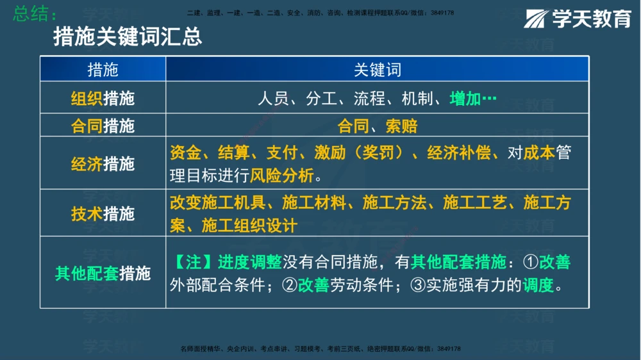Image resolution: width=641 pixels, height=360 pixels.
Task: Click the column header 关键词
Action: coord(378,69)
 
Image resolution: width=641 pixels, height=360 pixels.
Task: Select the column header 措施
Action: coord(103,69)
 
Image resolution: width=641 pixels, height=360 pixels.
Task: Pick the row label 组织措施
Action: coord(103,99)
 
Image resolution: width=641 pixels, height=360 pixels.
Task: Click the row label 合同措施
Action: coord(103,126)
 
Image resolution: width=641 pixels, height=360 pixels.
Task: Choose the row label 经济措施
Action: coord(103,163)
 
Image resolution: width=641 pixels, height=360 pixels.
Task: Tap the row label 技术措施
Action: coord(103,213)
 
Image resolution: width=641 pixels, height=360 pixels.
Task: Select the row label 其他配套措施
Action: coord(103,273)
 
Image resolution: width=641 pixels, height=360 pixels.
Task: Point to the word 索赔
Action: coord(402,126)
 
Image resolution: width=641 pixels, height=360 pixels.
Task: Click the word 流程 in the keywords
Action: coord(369,99)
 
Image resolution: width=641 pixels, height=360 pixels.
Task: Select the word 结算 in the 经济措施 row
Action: coord(234,153)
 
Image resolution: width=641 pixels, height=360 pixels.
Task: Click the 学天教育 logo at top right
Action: coord(578,19)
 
